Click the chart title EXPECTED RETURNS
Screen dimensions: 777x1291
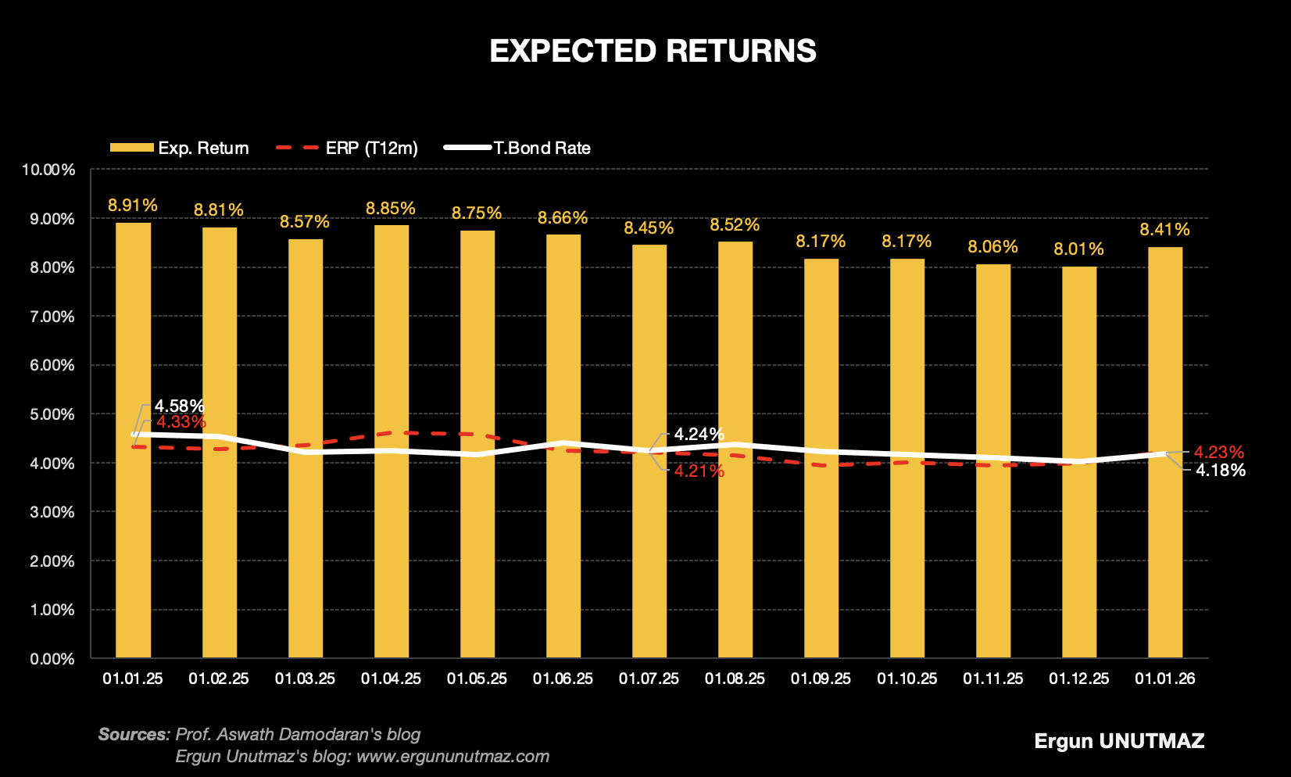tap(653, 52)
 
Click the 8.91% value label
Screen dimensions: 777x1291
tap(133, 206)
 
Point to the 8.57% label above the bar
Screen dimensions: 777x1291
tap(305, 222)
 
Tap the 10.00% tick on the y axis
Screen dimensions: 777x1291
tap(49, 170)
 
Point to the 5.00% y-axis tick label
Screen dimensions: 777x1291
tap(52, 414)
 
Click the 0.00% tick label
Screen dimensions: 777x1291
tap(52, 659)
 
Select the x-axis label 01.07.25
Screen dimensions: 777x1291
tap(649, 679)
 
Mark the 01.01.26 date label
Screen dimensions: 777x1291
tap(1164, 679)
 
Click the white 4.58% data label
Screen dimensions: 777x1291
tap(179, 406)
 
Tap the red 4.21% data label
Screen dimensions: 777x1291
tap(699, 471)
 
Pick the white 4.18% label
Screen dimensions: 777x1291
tap(1220, 471)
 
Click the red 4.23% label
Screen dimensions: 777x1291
tap(1218, 453)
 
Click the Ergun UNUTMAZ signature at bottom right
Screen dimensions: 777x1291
tap(1119, 741)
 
